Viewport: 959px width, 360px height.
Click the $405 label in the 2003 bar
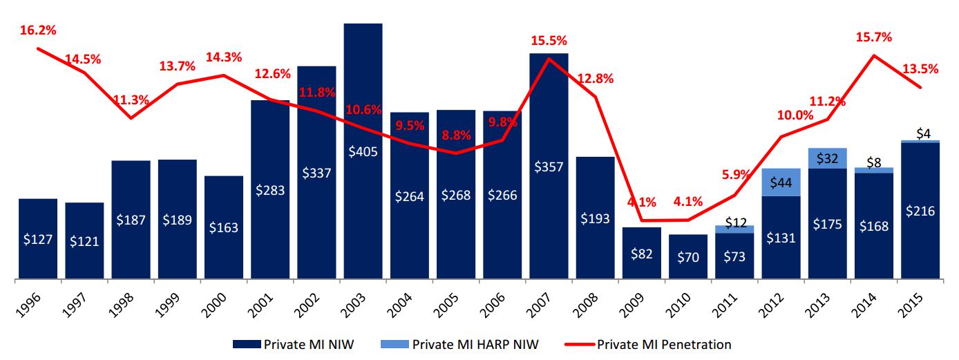click(x=363, y=152)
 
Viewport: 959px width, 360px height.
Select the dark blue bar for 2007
click(x=549, y=166)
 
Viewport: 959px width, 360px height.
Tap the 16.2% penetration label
click(x=38, y=30)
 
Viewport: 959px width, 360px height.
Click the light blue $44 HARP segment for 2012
click(x=781, y=182)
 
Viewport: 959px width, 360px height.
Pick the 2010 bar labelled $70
click(x=688, y=256)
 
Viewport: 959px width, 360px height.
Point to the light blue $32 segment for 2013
click(x=827, y=158)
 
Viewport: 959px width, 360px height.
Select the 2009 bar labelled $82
click(x=642, y=253)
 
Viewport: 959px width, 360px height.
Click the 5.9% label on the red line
click(x=734, y=175)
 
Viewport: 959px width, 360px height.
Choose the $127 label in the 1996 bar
click(x=38, y=239)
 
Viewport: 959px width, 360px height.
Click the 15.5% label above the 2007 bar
click(x=549, y=41)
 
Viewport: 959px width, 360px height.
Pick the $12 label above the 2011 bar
click(x=734, y=222)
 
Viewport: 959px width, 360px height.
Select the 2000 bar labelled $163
click(x=223, y=227)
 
